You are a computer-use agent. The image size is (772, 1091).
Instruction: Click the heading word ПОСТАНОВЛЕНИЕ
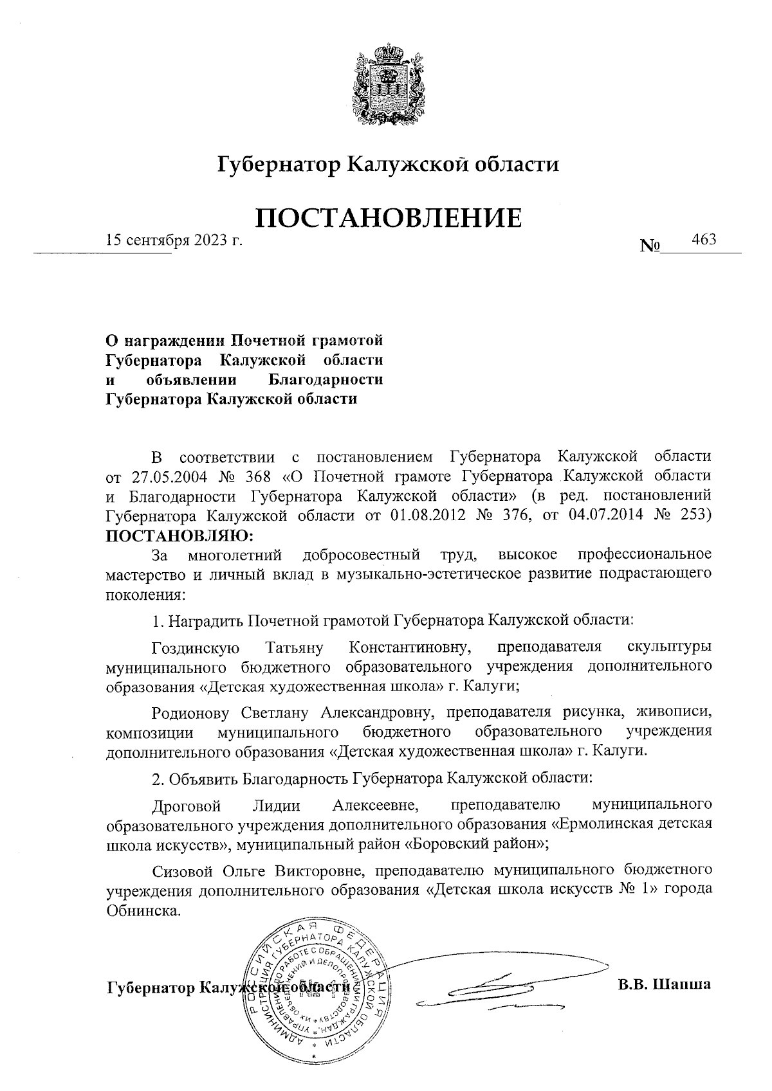pyautogui.click(x=388, y=219)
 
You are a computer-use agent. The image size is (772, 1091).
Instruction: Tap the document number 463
pyautogui.click(x=703, y=239)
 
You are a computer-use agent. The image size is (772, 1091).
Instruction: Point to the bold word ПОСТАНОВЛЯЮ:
pyautogui.click(x=179, y=536)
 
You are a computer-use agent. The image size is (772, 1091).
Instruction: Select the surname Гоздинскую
pyautogui.click(x=196, y=647)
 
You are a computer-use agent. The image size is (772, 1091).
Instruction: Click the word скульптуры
pyautogui.click(x=668, y=647)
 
